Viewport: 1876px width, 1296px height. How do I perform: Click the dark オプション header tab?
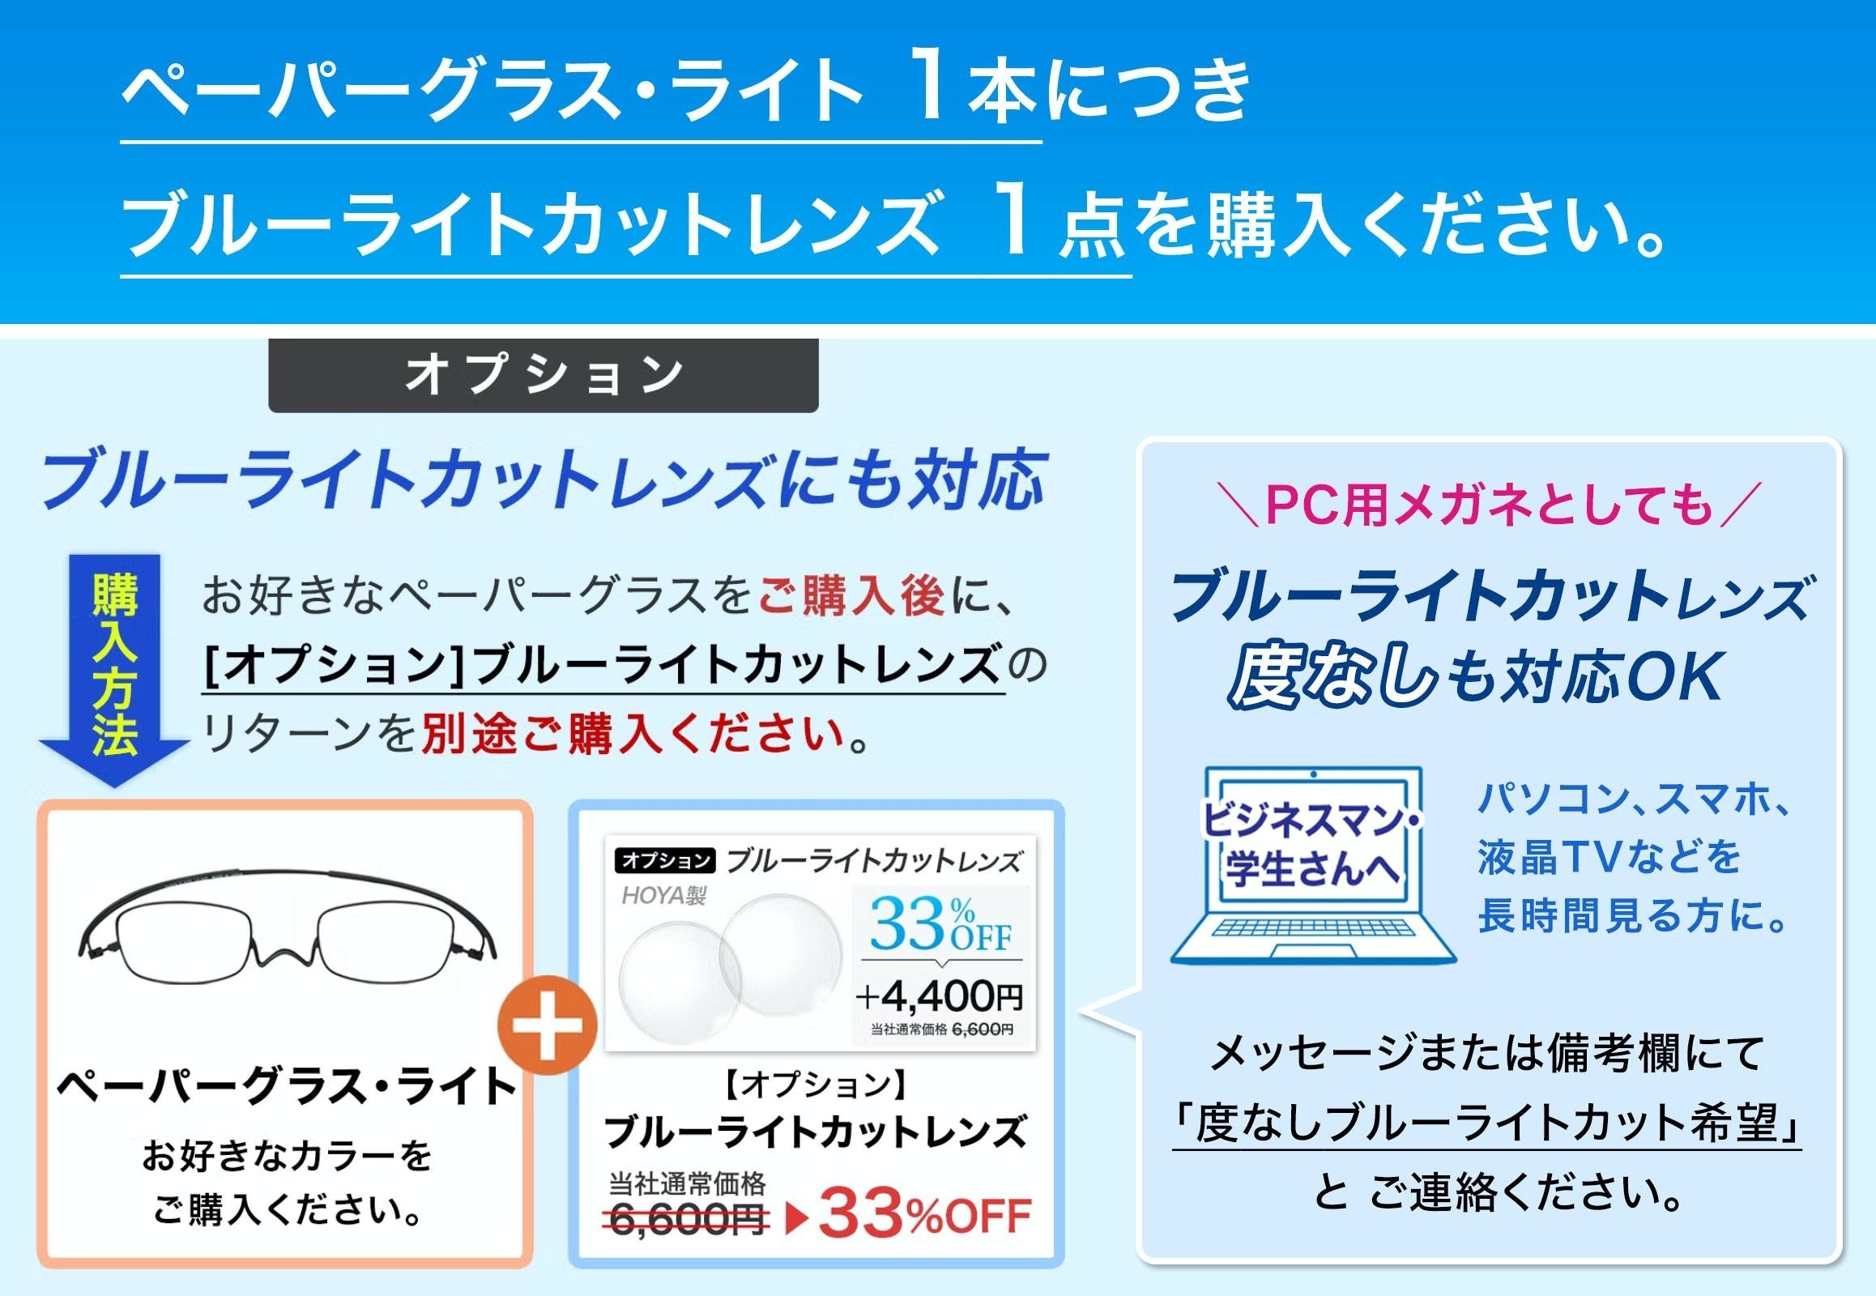tap(544, 375)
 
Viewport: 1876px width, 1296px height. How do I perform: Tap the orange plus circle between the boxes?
tap(549, 1025)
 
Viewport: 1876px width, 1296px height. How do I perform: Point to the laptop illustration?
tap(1313, 866)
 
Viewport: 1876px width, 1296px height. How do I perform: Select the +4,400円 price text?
tap(940, 995)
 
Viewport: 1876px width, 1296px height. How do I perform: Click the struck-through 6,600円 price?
tap(689, 1219)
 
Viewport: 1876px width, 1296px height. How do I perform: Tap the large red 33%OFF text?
tap(925, 1216)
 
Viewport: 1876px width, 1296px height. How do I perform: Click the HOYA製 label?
tap(663, 896)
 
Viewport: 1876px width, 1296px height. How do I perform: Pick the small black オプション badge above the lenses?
tap(666, 860)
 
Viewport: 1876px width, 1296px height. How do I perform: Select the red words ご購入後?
tap(851, 595)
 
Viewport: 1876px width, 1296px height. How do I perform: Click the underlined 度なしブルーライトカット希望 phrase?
tap(1487, 1123)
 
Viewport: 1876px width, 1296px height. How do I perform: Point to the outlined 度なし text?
tap(1332, 676)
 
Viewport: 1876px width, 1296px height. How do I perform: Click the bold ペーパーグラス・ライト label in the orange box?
tap(287, 1085)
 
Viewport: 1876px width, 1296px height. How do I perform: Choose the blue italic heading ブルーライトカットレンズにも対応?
tap(543, 479)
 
